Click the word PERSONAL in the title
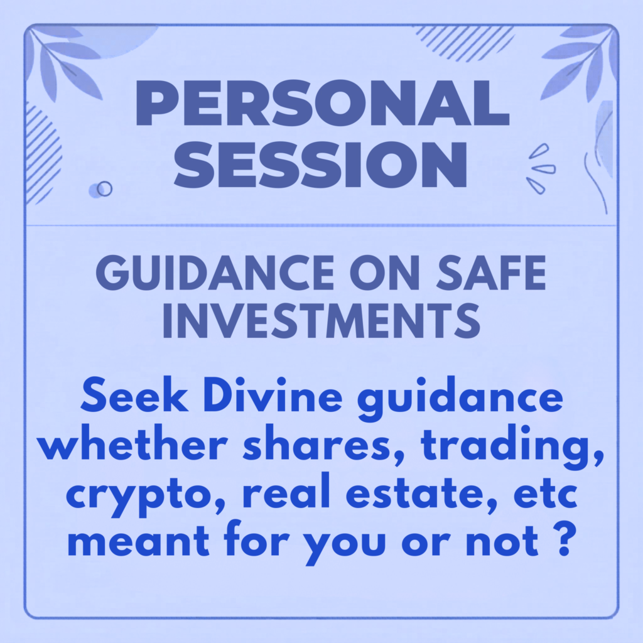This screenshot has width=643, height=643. coord(322,102)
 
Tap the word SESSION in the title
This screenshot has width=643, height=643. coord(320,165)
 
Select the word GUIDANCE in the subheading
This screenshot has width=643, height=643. coord(215,273)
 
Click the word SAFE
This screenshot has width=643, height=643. coord(491,273)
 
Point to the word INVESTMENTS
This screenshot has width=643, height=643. coord(321,320)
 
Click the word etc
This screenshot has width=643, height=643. coord(546,493)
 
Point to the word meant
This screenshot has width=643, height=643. coord(139,541)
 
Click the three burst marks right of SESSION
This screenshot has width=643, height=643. coord(541,168)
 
